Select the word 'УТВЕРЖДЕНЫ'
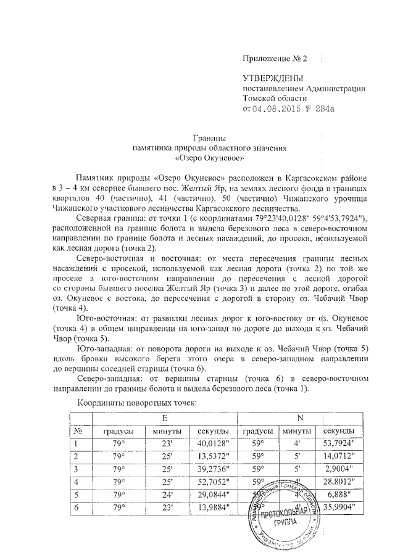(272, 78)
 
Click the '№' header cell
(78, 430)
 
